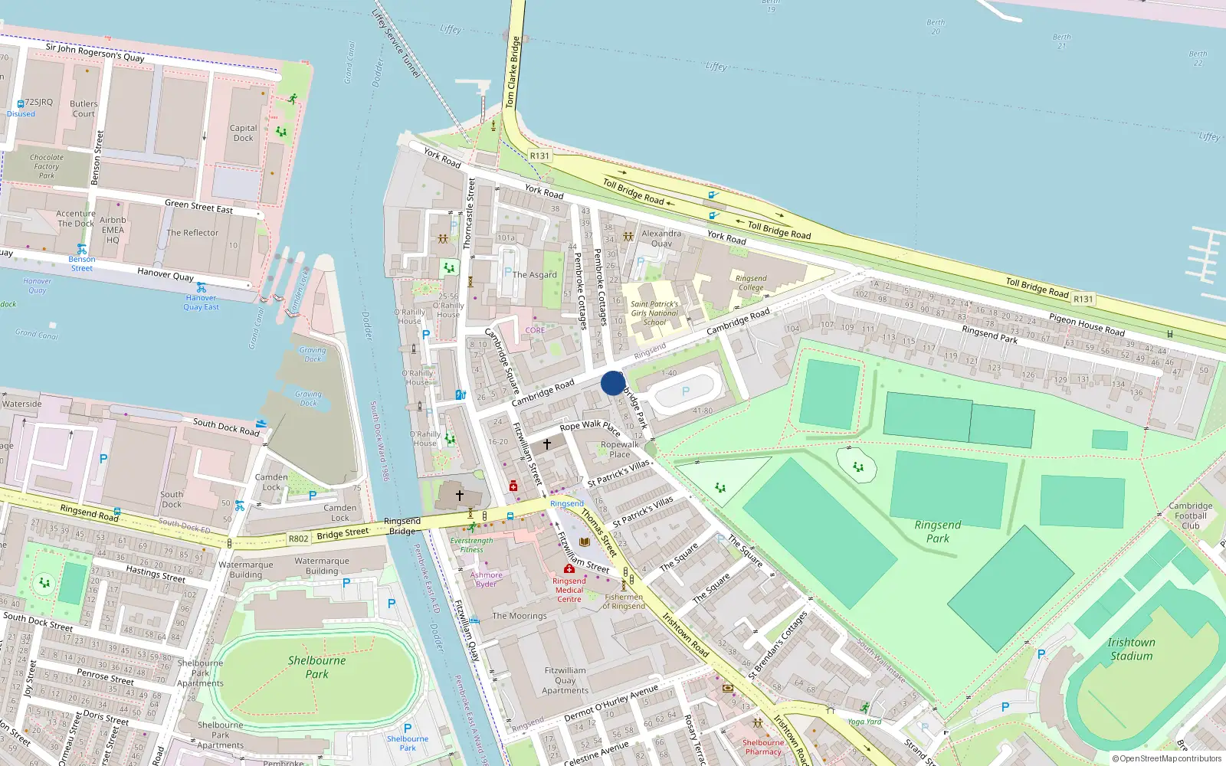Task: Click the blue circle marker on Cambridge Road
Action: pos(613,383)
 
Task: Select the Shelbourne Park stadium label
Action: pos(316,667)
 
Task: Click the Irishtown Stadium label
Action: pos(1131,649)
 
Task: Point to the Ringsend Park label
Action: pos(938,532)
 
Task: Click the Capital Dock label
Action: pos(243,133)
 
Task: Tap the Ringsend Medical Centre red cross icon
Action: pos(569,569)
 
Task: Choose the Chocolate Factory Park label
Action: pos(47,166)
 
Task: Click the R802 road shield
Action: pos(298,538)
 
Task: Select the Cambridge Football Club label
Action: pos(1191,516)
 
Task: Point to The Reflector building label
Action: pos(192,233)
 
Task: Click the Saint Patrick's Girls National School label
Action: pos(654,313)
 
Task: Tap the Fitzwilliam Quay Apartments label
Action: pos(565,680)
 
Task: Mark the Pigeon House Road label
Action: pos(1087,325)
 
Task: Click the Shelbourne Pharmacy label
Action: pos(763,747)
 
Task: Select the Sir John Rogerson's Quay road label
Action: pos(95,52)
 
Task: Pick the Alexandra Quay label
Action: pos(661,238)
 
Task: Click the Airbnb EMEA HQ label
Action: pos(113,230)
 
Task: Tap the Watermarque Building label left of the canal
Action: pos(246,570)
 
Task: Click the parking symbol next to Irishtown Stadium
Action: pos(1041,654)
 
